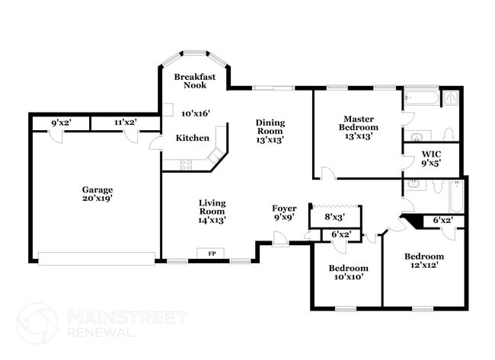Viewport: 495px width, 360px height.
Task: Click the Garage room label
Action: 97,190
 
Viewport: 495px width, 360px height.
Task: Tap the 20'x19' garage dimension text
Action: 97,199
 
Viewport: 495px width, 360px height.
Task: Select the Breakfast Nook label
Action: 194,81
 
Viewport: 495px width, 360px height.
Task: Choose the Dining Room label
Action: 270,127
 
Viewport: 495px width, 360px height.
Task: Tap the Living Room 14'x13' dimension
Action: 212,220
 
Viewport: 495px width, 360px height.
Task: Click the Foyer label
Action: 284,209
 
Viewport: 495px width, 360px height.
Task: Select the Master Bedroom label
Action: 357,123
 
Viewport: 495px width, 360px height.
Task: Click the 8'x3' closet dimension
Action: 334,217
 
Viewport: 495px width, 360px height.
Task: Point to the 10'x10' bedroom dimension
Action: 348,277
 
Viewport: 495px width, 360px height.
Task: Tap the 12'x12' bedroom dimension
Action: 423,266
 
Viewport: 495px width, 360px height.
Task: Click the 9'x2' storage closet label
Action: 61,123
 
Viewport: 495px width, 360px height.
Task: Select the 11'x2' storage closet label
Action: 125,123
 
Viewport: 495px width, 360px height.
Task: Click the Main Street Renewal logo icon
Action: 37,323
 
